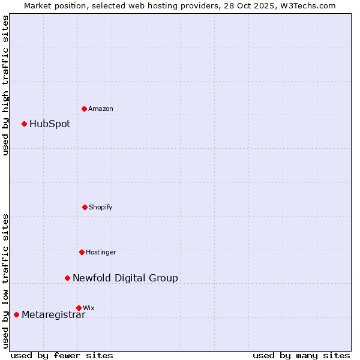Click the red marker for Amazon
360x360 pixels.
pos(84,109)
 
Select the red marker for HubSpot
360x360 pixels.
pos(24,124)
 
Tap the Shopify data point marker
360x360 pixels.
pos(85,207)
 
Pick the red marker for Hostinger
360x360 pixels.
pos(82,252)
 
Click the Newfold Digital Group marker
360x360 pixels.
pos(67,278)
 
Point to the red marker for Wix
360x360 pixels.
pos(79,308)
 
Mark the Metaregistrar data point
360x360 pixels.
pos(16,315)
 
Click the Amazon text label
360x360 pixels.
pos(101,109)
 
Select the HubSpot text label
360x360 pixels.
pos(50,124)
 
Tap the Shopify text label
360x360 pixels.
pos(101,207)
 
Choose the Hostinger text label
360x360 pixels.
pos(101,252)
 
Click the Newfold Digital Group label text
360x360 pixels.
pos(125,278)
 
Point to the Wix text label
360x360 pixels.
pos(88,308)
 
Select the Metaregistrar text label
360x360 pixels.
pos(53,315)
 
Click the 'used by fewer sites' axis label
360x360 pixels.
pos(62,355)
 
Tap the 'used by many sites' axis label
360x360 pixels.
pos(301,355)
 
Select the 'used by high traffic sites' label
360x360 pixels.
pos(5,85)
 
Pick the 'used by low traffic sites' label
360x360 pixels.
pos(5,281)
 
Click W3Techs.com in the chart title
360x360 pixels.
pos(306,5)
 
